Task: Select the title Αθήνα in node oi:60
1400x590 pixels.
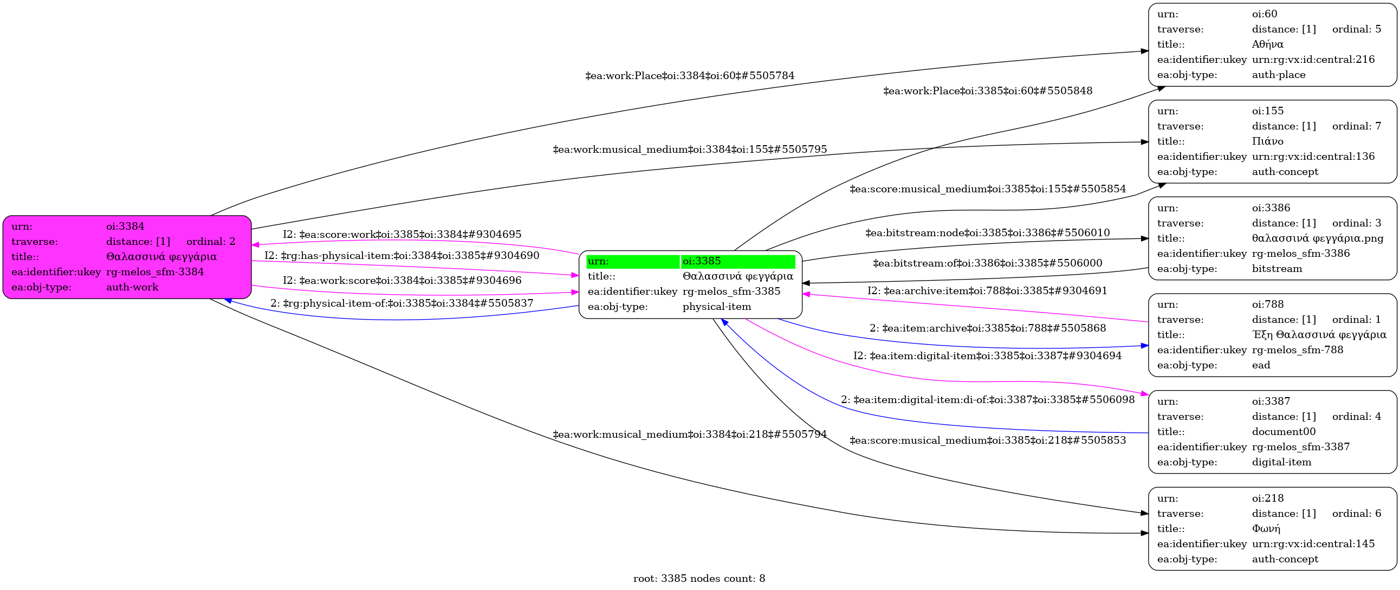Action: (1267, 44)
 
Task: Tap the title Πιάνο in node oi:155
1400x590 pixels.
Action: (1267, 141)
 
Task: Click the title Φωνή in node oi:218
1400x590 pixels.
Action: (1266, 529)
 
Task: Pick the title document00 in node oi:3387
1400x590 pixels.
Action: (1284, 432)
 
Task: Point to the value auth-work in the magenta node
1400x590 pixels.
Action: (132, 287)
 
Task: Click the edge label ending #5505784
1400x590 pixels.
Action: (689, 76)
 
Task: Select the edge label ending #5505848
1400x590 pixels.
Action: (988, 91)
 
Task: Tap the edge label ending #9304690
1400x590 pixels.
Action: (401, 256)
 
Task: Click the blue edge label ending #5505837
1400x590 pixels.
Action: (401, 303)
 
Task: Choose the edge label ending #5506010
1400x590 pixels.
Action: (988, 233)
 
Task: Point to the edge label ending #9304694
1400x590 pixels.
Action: (987, 356)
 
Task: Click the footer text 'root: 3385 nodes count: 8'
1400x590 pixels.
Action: (699, 579)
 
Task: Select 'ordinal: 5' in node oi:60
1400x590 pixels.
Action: (1356, 29)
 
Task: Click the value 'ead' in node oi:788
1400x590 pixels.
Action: (1261, 365)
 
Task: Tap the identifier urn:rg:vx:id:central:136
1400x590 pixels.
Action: (1313, 157)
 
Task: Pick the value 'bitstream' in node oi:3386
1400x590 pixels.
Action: (1276, 269)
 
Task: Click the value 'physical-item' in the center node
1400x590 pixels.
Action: (716, 307)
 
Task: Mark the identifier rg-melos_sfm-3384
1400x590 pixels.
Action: (155, 272)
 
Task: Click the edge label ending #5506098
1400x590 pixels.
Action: (988, 400)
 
